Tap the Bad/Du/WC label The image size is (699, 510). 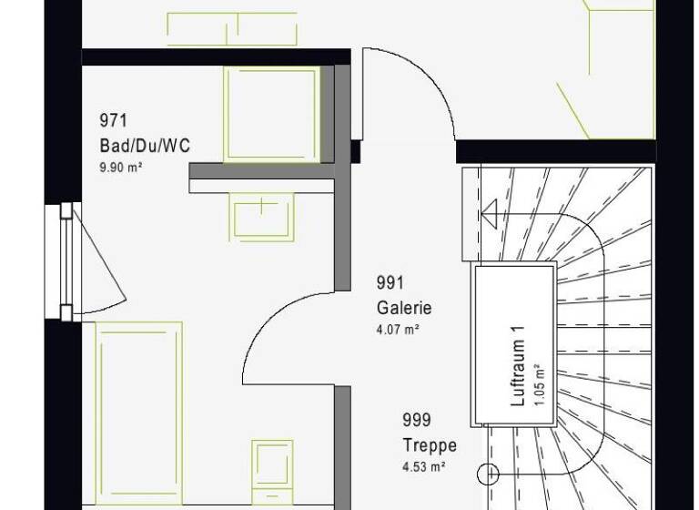pyautogui.click(x=146, y=146)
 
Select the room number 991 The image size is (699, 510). pyautogui.click(x=390, y=284)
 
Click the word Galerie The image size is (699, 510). pyautogui.click(x=403, y=308)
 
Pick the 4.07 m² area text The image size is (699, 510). pyautogui.click(x=397, y=330)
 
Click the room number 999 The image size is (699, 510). pyautogui.click(x=417, y=421)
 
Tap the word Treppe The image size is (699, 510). pyautogui.click(x=430, y=445)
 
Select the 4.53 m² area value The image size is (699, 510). pyautogui.click(x=423, y=467)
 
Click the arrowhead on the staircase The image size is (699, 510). pyautogui.click(x=489, y=215)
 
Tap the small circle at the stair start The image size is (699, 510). pyautogui.click(x=489, y=474)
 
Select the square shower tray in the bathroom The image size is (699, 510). pyautogui.click(x=272, y=114)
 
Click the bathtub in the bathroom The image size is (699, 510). pyautogui.click(x=139, y=414)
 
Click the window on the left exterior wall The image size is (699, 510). pyautogui.click(x=66, y=262)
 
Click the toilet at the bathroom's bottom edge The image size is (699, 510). pyautogui.click(x=272, y=470)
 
